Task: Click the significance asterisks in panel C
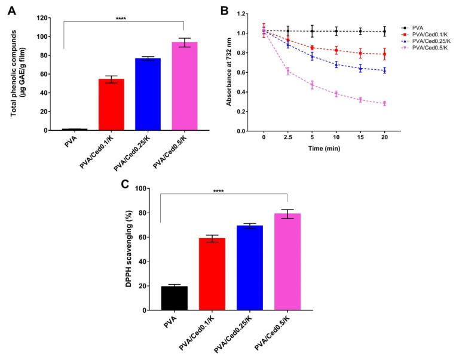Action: [x=224, y=192]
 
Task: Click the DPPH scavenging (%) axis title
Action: [x=128, y=250]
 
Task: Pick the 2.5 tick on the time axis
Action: [x=288, y=140]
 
